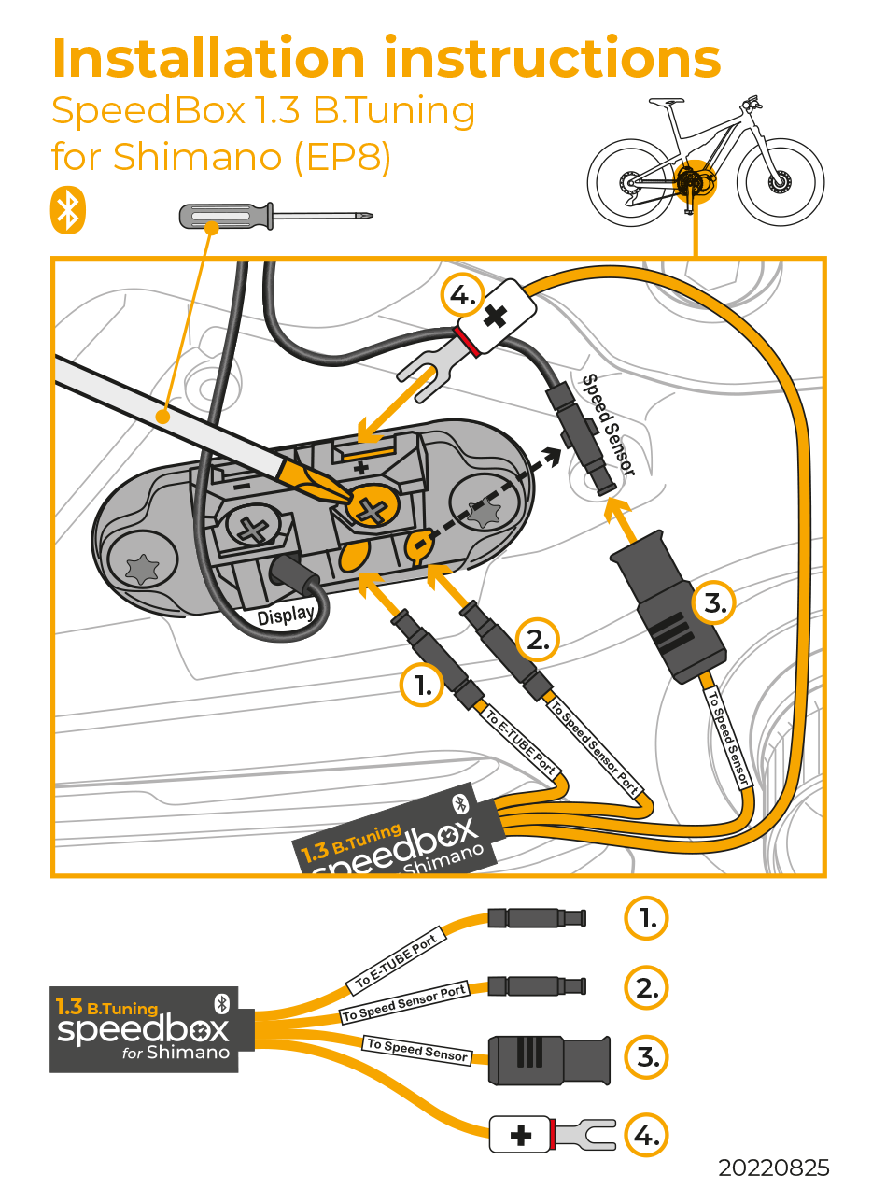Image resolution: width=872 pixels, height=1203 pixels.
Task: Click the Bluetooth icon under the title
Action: pyautogui.click(x=68, y=210)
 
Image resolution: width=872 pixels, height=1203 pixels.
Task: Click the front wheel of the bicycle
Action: pyautogui.click(x=781, y=181)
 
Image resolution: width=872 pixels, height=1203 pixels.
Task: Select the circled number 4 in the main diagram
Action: pyautogui.click(x=465, y=299)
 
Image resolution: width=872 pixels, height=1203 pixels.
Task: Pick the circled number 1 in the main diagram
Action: pyautogui.click(x=423, y=686)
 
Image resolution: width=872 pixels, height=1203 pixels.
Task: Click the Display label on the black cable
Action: pyautogui.click(x=286, y=616)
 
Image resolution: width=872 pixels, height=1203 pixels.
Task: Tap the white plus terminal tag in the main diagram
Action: pyautogui.click(x=496, y=315)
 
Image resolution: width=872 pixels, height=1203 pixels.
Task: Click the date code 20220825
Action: pyautogui.click(x=773, y=1168)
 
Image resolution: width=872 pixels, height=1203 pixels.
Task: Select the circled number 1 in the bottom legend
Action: pyautogui.click(x=647, y=919)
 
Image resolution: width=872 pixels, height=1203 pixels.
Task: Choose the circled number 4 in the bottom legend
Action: pyautogui.click(x=647, y=1136)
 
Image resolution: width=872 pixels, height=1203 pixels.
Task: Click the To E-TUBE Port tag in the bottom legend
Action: pyautogui.click(x=397, y=962)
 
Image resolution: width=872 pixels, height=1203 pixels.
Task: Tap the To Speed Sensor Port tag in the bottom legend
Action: pyautogui.click(x=404, y=1004)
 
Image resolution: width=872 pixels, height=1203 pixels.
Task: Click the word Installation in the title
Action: pyautogui.click(x=212, y=59)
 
